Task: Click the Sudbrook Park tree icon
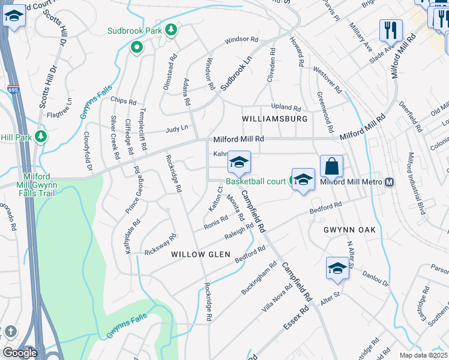click(x=171, y=30)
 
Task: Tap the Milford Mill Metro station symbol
click(x=390, y=182)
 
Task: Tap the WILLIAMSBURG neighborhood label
click(x=274, y=119)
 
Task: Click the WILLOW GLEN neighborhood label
click(x=200, y=254)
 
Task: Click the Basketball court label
click(x=256, y=181)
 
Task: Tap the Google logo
click(x=20, y=353)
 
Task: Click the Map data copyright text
click(x=423, y=355)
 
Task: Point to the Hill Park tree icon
click(x=41, y=136)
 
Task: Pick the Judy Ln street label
click(x=176, y=128)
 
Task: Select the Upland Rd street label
click(x=285, y=106)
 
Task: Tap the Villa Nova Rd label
click(x=277, y=299)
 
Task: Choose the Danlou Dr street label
click(x=376, y=278)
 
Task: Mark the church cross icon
click(x=10, y=332)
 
